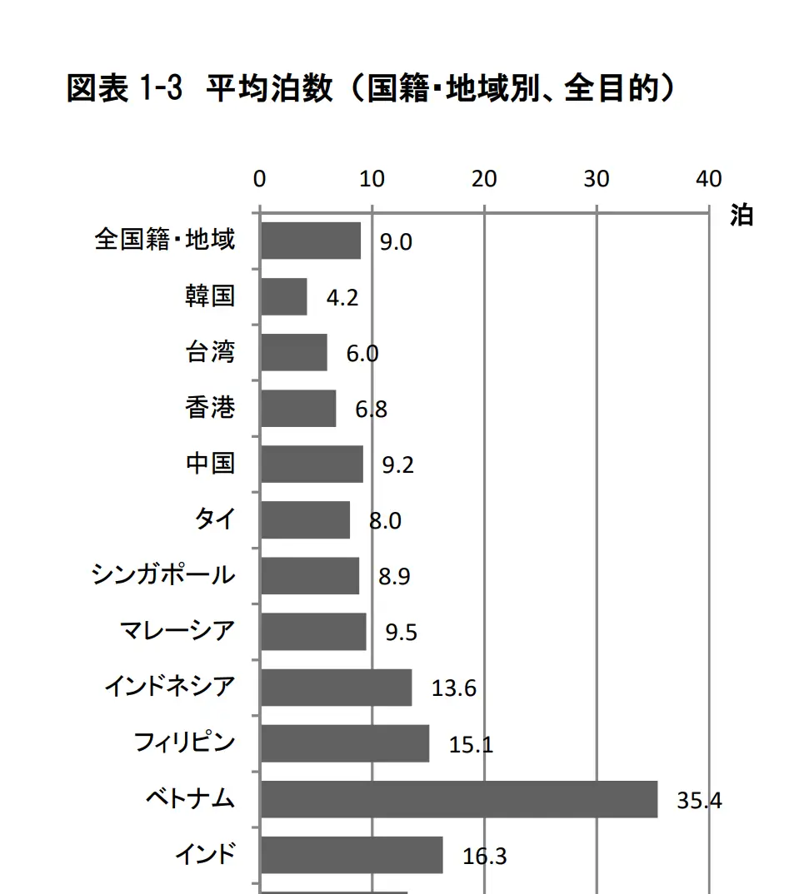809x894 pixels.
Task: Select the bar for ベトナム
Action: (x=458, y=799)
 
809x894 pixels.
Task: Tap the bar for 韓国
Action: (x=283, y=297)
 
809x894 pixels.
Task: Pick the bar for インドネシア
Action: (x=336, y=688)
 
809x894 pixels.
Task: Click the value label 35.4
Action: (x=699, y=801)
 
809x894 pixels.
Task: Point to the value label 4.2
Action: (x=342, y=298)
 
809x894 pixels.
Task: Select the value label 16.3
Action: (x=484, y=856)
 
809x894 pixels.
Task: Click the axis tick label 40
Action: (x=709, y=179)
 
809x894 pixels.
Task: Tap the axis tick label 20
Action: (x=484, y=179)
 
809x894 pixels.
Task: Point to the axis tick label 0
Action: (x=260, y=179)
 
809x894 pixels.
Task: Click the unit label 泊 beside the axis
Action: (x=741, y=215)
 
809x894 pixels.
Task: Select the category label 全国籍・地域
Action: (x=165, y=241)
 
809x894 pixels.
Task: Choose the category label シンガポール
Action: (x=163, y=575)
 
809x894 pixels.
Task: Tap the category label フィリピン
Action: (x=185, y=743)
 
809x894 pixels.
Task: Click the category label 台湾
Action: (x=210, y=352)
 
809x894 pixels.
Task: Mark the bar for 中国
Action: (x=312, y=464)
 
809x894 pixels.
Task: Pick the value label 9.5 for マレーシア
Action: (x=401, y=633)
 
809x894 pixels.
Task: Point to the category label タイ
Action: (x=215, y=519)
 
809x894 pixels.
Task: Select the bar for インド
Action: (x=352, y=855)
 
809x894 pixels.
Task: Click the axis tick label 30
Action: (x=597, y=179)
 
